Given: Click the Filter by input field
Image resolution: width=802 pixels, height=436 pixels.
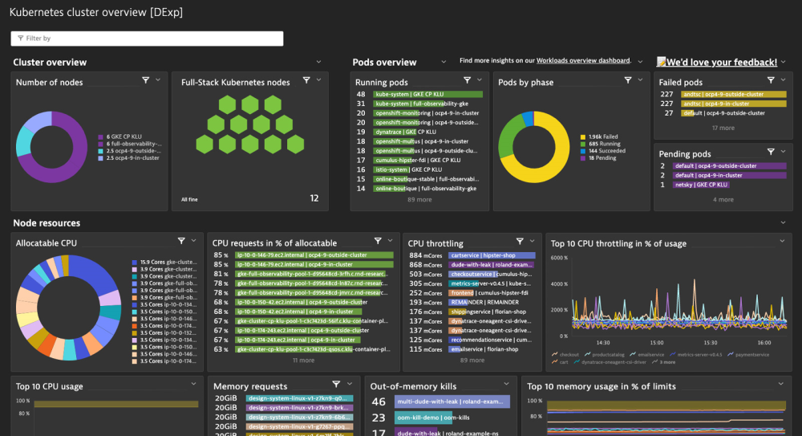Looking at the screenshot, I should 147,39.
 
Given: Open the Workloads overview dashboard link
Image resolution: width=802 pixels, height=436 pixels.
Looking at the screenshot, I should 583,61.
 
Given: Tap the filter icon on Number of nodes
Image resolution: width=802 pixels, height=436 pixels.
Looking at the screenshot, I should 146,80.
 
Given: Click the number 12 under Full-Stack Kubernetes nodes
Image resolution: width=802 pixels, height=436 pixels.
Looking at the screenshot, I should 314,198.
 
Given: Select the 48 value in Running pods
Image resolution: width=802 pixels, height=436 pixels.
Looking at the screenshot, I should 361,94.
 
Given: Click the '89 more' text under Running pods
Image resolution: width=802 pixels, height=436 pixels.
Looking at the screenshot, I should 419,199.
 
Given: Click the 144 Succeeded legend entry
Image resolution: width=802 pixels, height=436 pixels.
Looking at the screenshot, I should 606,151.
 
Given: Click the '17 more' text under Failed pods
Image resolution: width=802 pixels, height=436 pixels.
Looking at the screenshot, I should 723,128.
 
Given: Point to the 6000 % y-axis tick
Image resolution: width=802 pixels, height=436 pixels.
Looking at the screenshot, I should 559,258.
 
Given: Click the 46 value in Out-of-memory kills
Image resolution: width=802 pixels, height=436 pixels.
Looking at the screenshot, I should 379,401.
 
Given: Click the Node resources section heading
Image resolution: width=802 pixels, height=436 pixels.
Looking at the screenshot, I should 47,223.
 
